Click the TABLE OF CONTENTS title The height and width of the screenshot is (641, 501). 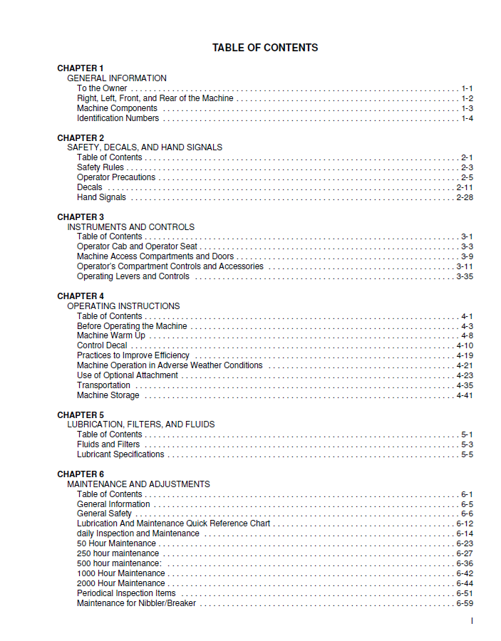(265, 48)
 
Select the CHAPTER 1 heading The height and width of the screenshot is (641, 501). (81, 68)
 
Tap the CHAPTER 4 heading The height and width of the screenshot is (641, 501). (81, 296)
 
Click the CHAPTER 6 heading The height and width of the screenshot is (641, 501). (81, 474)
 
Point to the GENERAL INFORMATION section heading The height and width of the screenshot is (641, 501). (117, 78)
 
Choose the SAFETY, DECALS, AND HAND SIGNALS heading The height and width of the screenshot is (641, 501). (145, 147)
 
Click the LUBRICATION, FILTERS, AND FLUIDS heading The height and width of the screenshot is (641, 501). (141, 424)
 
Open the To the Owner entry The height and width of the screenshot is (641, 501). (102, 88)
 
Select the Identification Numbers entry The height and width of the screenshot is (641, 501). (118, 118)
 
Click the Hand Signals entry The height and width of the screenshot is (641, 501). (101, 197)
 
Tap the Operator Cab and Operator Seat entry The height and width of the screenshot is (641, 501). (137, 246)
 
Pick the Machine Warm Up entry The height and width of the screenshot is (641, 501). (110, 335)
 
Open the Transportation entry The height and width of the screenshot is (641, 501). (103, 385)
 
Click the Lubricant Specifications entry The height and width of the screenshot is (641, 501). (120, 454)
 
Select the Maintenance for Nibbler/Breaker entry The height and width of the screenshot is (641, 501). (136, 603)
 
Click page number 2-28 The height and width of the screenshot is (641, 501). (465, 197)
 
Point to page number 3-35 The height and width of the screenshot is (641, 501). (465, 276)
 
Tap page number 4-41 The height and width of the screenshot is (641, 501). (465, 395)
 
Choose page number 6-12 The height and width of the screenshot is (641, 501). (465, 523)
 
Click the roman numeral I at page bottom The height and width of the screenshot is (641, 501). (472, 621)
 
